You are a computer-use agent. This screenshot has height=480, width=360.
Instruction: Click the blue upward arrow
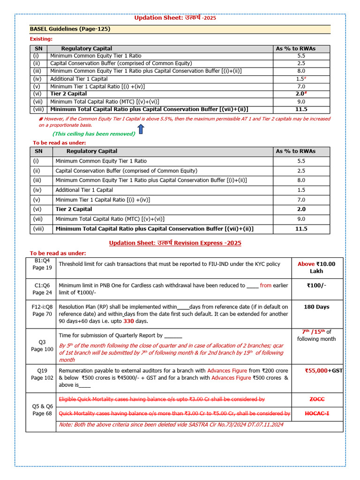141,129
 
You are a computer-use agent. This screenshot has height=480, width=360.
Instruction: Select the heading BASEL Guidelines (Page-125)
70,29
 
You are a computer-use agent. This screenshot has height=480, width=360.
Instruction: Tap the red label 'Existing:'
41,39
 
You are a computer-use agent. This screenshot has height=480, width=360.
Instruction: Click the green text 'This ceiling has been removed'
94,134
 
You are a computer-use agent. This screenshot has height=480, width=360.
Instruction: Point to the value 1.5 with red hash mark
301,79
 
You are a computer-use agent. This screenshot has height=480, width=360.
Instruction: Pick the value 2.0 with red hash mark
301,94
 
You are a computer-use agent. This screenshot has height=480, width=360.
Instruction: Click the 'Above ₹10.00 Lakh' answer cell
316,267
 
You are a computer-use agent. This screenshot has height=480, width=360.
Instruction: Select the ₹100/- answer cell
316,285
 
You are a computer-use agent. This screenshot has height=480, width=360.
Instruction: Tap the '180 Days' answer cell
316,307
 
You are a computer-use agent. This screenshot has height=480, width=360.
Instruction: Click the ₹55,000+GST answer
323,370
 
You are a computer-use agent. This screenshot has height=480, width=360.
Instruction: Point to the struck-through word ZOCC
316,399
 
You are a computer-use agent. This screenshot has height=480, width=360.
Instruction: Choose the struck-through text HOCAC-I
316,413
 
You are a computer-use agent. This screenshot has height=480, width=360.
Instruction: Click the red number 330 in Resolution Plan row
129,321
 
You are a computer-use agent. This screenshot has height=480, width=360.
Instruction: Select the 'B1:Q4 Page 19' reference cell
42,264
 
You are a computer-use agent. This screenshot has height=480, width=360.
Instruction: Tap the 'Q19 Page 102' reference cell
42,374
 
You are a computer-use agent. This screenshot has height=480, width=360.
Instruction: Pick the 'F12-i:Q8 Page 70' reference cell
42,310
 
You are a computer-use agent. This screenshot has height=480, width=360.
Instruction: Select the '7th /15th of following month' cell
316,335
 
